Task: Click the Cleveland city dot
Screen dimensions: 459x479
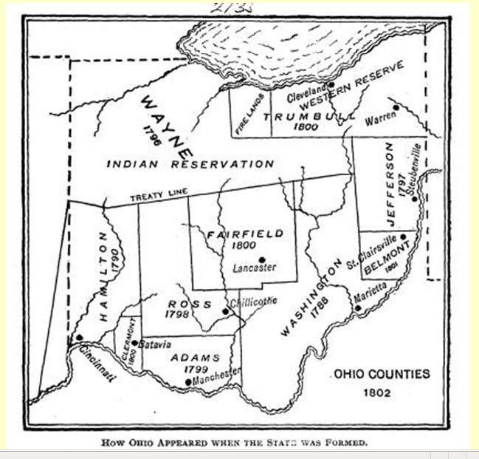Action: pos(331,84)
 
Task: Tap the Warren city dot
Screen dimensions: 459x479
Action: pos(396,107)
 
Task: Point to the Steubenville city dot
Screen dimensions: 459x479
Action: pos(415,198)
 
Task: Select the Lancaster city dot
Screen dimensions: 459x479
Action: pos(262,259)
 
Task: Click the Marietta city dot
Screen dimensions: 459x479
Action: pos(358,307)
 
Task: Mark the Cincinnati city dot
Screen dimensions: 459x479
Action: pos(79,338)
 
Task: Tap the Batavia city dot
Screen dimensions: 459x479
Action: pos(134,342)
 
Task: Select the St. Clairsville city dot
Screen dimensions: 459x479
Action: pos(403,237)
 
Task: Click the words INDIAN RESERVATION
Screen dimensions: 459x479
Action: pos(190,164)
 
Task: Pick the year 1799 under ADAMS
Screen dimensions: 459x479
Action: pos(196,369)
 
